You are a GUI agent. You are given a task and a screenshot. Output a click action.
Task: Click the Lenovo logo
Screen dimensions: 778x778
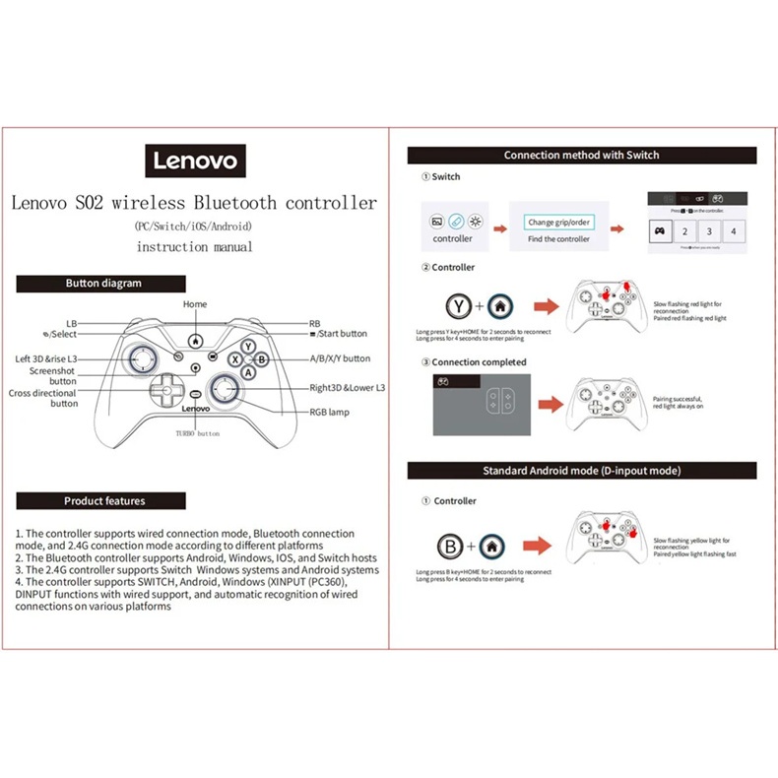coord(194,159)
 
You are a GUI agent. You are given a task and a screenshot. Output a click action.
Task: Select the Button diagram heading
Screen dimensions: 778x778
coord(103,283)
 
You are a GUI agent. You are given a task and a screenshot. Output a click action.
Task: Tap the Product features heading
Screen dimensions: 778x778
coord(104,501)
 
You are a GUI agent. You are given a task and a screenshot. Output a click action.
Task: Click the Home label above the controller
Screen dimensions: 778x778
coord(195,304)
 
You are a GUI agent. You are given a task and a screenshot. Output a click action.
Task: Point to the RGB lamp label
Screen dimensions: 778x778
coord(329,413)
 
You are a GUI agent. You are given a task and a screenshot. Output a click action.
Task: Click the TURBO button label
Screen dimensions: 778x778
coord(198,434)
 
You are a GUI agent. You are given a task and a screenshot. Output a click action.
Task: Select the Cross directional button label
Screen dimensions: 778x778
coord(43,398)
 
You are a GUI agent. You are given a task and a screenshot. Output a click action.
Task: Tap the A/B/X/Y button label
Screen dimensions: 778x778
coord(340,358)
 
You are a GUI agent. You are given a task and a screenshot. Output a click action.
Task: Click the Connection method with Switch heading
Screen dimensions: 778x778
coord(581,155)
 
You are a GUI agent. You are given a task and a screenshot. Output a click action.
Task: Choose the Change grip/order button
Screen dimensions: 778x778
coord(558,223)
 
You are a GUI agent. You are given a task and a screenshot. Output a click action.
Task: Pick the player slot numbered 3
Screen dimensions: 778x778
coord(708,231)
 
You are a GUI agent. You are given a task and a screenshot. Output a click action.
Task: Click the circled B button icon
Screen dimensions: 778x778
coord(451,546)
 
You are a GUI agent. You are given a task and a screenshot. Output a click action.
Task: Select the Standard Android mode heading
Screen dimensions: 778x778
coord(581,471)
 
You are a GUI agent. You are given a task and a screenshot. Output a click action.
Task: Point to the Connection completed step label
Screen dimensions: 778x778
coord(479,362)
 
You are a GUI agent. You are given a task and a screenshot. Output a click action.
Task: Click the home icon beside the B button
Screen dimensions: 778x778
coord(497,546)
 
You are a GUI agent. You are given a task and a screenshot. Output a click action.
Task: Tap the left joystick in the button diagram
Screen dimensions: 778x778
coord(140,358)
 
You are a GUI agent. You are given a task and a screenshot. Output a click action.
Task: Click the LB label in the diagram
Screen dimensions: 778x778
coord(71,323)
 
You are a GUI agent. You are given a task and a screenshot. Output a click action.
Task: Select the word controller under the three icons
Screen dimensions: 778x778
coord(452,239)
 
